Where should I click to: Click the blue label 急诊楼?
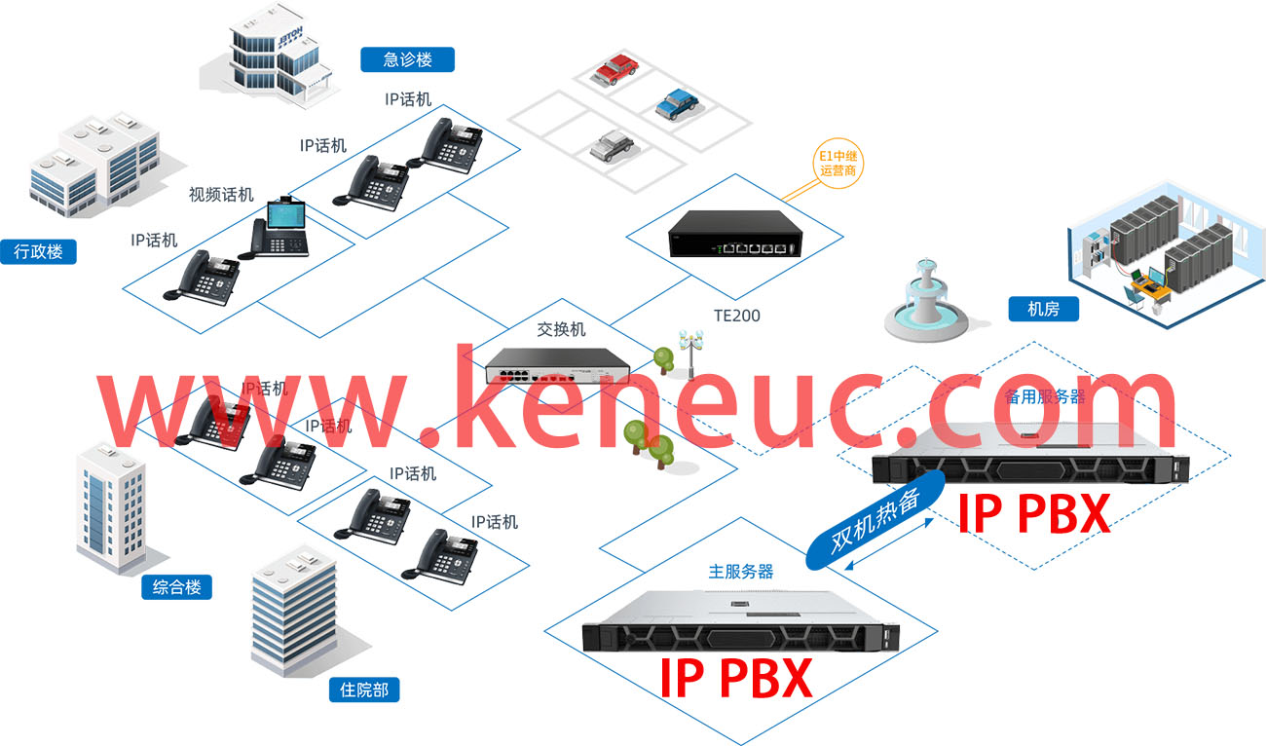(407, 59)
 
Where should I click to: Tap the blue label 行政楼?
(38, 251)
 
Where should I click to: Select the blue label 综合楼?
(176, 587)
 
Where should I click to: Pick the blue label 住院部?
(364, 690)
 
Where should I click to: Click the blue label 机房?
(1043, 310)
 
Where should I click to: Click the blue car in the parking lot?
(678, 104)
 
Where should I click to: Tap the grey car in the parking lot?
(613, 146)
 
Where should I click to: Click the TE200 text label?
(736, 316)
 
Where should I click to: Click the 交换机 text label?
(561, 329)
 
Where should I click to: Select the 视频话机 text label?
(221, 195)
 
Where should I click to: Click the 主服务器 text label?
(740, 572)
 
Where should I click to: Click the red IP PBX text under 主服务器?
(735, 678)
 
